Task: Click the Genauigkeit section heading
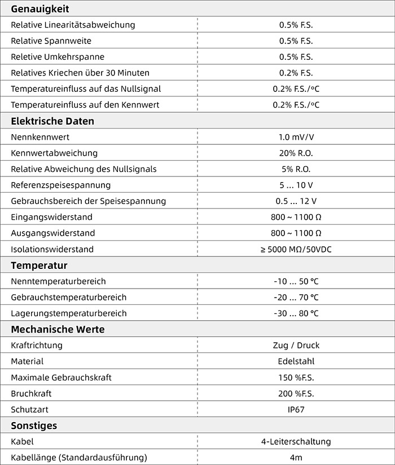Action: [x=39, y=8]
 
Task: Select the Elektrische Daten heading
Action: [x=52, y=121]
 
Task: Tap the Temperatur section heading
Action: [x=39, y=265]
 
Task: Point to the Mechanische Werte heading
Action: [x=58, y=329]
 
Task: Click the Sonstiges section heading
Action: [x=34, y=426]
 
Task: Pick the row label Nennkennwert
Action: [x=40, y=137]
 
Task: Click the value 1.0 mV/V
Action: [x=296, y=137]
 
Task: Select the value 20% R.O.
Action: [x=296, y=153]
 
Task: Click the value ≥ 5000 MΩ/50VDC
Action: [x=296, y=249]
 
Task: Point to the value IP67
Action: [x=296, y=409]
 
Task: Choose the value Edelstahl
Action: [x=296, y=361]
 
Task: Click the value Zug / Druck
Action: [x=296, y=345]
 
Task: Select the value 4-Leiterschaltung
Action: [x=296, y=441]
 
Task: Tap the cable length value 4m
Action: [x=296, y=457]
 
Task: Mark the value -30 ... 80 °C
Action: [x=296, y=313]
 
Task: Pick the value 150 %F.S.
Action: [x=296, y=377]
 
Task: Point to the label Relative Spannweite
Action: [x=51, y=41]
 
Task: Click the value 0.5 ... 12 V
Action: [x=296, y=201]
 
